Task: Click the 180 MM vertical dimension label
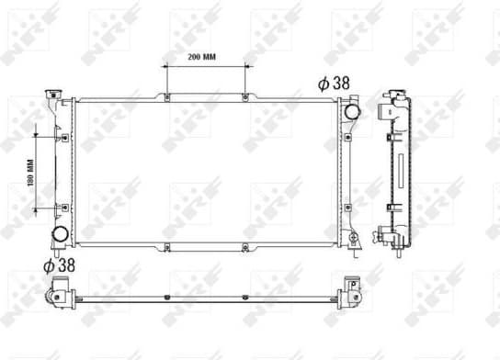pyautogui.click(x=29, y=173)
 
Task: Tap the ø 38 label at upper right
pyautogui.click(x=334, y=83)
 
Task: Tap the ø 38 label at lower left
pyautogui.click(x=59, y=265)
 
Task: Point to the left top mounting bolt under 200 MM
pyautogui.click(x=166, y=97)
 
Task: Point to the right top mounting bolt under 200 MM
pyautogui.click(x=244, y=97)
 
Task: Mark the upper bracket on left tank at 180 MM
pyautogui.click(x=64, y=137)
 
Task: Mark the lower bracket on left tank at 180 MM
pyautogui.click(x=64, y=208)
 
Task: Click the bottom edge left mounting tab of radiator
pyautogui.click(x=166, y=246)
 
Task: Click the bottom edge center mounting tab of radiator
pyautogui.click(x=244, y=246)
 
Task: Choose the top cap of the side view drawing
pyautogui.click(x=395, y=95)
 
